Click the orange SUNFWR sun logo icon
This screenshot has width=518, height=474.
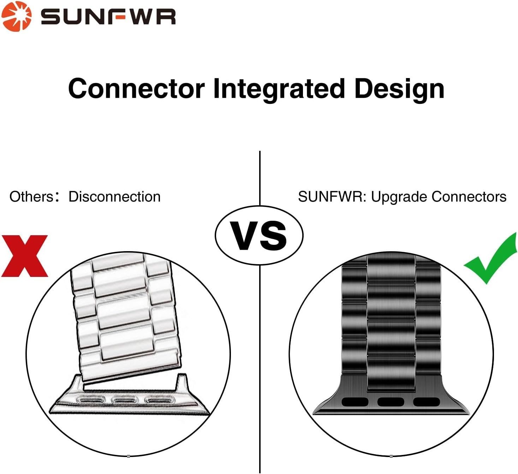[x=17, y=17]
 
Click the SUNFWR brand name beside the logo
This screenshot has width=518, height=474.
[x=108, y=17]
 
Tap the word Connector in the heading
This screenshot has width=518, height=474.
[x=136, y=89]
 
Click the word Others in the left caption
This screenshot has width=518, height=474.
[x=31, y=197]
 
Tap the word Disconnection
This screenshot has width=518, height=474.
[x=114, y=197]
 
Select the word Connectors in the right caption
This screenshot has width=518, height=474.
[x=469, y=197]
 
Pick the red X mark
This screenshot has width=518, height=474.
[x=24, y=256]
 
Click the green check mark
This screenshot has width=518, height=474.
[x=490, y=258]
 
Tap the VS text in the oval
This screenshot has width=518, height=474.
[x=259, y=236]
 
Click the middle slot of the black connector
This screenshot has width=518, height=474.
[x=391, y=402]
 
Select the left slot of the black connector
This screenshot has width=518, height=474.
[x=355, y=402]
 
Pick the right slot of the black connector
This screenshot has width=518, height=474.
[x=426, y=402]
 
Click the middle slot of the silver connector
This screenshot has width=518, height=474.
[x=124, y=400]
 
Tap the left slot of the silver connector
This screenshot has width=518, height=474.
[x=90, y=400]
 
